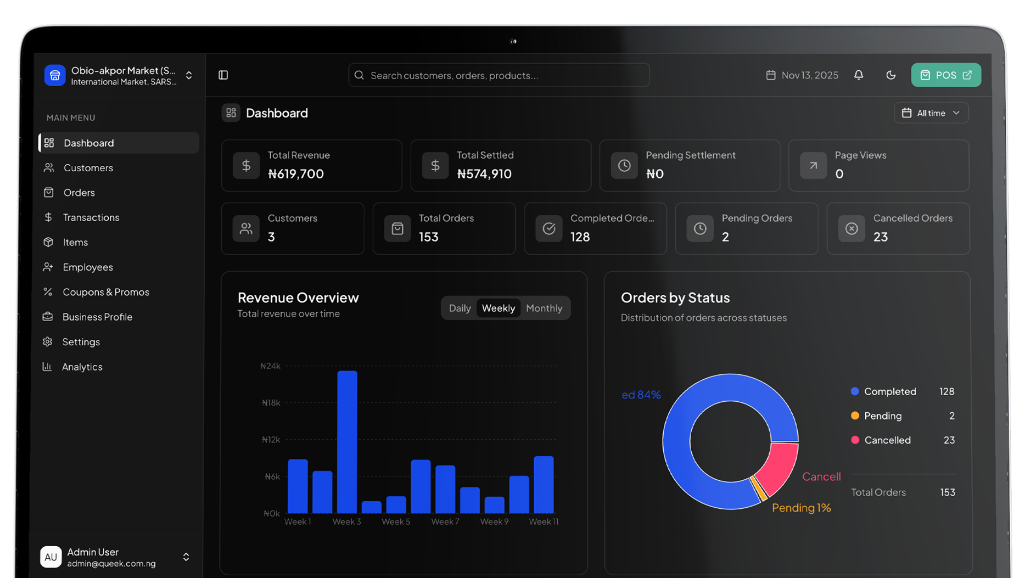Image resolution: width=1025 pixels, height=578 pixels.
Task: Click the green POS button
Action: pyautogui.click(x=945, y=75)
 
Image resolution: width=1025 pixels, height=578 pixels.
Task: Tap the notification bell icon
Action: pyautogui.click(x=859, y=75)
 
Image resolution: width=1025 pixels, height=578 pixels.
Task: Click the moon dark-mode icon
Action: pyautogui.click(x=890, y=75)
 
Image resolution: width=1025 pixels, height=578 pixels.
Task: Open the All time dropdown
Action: pyautogui.click(x=931, y=113)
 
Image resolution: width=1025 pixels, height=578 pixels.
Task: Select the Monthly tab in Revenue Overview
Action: pyautogui.click(x=544, y=308)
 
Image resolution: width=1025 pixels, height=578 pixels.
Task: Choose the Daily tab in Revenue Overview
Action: pyautogui.click(x=460, y=308)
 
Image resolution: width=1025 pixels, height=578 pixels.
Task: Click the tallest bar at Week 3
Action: pyautogui.click(x=347, y=439)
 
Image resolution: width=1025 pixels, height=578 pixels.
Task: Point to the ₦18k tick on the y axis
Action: pyautogui.click(x=271, y=402)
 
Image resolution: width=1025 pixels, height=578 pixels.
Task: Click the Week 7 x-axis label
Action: pyautogui.click(x=445, y=521)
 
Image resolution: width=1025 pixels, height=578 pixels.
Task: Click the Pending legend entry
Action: pyautogui.click(x=882, y=416)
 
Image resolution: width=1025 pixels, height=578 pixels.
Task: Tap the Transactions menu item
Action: pyautogui.click(x=91, y=217)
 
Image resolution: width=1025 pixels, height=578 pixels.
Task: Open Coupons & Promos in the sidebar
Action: pyautogui.click(x=105, y=292)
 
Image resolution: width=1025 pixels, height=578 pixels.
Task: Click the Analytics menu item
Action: pyautogui.click(x=82, y=367)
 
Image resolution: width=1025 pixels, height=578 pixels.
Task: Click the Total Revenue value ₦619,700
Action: pyautogui.click(x=295, y=174)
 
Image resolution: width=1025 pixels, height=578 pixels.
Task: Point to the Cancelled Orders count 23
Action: pyautogui.click(x=880, y=237)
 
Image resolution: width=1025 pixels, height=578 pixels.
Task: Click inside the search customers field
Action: pyautogui.click(x=499, y=75)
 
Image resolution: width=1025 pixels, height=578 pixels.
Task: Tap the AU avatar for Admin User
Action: pyautogui.click(x=51, y=557)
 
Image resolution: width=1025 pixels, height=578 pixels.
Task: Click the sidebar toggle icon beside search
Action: pyautogui.click(x=223, y=75)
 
